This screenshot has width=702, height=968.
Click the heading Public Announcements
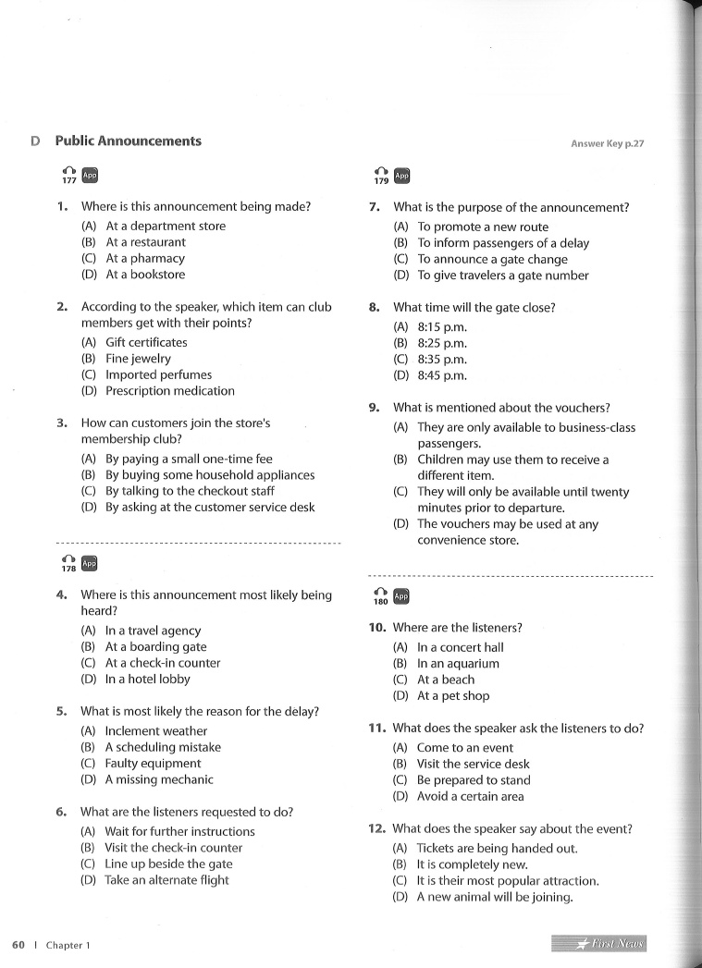tap(128, 141)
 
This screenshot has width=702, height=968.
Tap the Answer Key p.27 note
tap(607, 143)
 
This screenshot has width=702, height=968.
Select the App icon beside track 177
tap(90, 175)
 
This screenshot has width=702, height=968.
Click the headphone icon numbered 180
tap(381, 596)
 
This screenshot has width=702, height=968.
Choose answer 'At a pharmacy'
tap(145, 259)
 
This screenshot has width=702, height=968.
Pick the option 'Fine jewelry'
tap(138, 359)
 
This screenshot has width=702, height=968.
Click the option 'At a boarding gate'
tap(155, 647)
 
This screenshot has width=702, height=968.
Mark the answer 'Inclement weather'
tap(155, 731)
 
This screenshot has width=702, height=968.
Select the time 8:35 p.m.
tap(442, 360)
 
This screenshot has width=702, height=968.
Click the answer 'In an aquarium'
tap(458, 664)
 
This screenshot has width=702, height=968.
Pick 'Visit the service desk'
tap(474, 765)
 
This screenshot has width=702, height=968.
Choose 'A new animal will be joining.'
tap(495, 898)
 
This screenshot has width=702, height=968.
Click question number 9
tap(374, 408)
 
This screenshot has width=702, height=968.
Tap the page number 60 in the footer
tap(18, 945)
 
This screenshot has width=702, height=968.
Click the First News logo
tap(598, 944)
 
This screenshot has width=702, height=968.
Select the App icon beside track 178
tap(90, 563)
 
